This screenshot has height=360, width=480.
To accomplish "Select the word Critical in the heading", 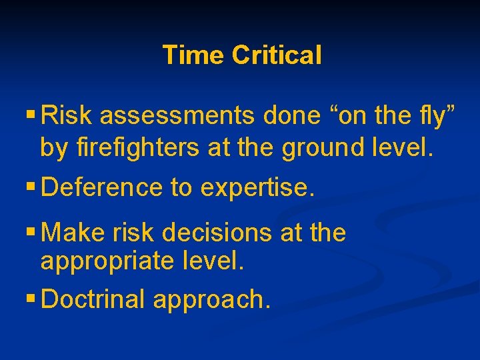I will [277, 55].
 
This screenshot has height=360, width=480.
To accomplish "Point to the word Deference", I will [103, 189].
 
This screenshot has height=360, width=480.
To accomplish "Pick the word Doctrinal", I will [93, 300].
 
